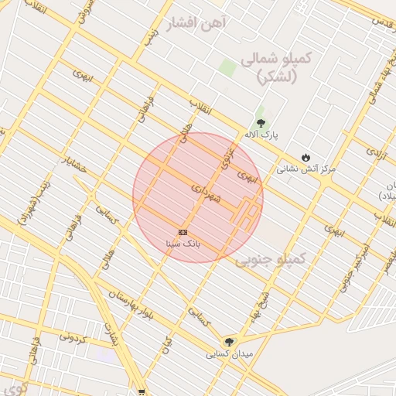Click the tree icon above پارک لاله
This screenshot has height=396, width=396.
261,123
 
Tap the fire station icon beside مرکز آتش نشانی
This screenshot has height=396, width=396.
306,157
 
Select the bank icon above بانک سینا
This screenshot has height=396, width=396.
183,232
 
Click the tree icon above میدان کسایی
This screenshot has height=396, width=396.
228,342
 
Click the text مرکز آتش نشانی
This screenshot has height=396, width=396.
306,168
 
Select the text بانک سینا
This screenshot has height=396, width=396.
183,243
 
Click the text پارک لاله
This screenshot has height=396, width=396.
261,135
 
